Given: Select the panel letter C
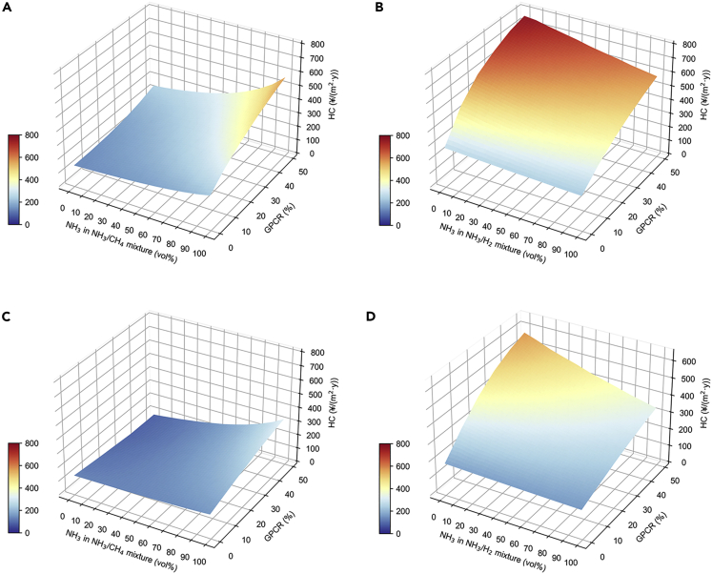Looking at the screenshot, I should point(7,315).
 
